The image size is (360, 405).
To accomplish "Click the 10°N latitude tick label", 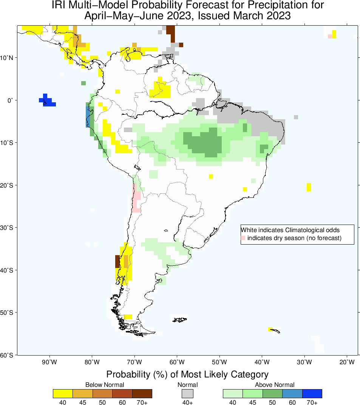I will click(x=8, y=58).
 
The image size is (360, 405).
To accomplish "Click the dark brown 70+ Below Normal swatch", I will click(x=142, y=393).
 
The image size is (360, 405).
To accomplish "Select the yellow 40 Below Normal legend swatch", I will click(x=63, y=393).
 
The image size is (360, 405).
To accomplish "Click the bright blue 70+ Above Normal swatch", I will click(x=312, y=393).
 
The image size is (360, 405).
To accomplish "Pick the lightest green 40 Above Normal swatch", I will click(x=233, y=393).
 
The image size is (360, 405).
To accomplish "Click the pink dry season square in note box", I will click(x=243, y=238).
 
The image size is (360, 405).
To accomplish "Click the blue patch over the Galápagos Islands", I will click(x=47, y=101).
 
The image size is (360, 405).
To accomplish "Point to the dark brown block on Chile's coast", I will click(x=117, y=261).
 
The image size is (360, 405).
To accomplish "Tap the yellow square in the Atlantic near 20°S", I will click(x=309, y=187).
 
